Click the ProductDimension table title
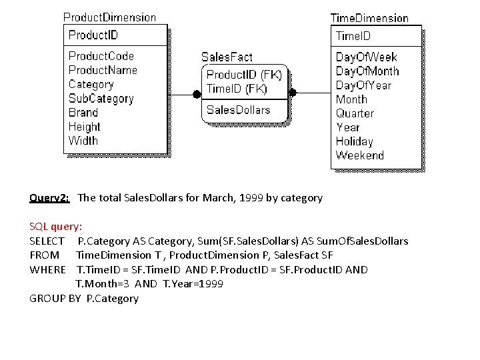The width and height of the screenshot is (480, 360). [x=109, y=17]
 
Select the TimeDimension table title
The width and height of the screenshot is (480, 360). [x=369, y=18]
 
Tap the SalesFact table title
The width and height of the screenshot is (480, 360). [x=227, y=57]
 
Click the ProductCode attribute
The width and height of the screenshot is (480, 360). [x=101, y=56]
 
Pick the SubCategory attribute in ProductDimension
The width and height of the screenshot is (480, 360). [x=101, y=98]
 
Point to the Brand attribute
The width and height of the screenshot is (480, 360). [x=83, y=113]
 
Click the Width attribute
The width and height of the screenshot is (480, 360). [x=83, y=141]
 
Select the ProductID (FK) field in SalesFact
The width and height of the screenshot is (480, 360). [x=244, y=75]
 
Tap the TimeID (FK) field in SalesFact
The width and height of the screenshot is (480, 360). [x=237, y=89]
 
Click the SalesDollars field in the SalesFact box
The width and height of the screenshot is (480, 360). [x=239, y=110]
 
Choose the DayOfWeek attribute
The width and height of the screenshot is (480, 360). [x=367, y=57]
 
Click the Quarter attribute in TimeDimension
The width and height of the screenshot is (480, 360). [x=355, y=113]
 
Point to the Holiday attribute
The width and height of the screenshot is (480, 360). [x=354, y=141]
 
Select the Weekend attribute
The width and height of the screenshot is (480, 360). [x=360, y=155]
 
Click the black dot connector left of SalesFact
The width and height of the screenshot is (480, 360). [x=197, y=93]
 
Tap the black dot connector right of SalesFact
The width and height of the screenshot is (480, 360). [x=292, y=93]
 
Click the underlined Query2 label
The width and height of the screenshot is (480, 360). [x=49, y=198]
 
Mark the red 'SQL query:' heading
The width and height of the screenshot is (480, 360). [x=56, y=227]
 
